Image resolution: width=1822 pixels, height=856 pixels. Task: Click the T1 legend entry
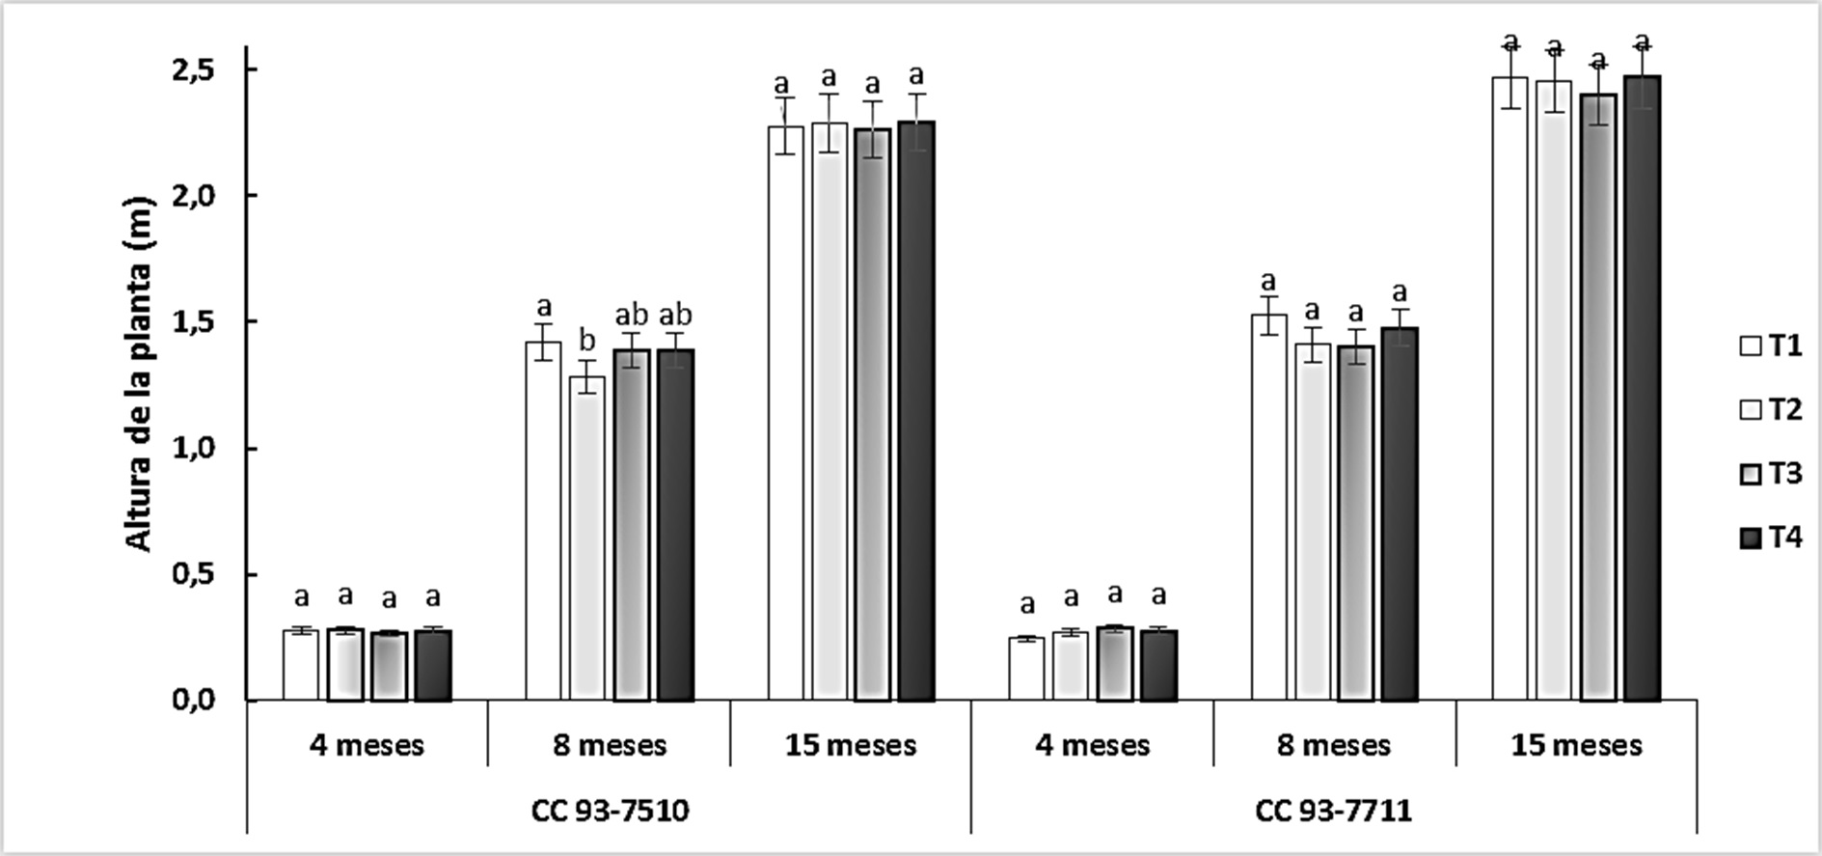(1770, 346)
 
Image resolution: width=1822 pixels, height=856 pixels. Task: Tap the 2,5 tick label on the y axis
(201, 70)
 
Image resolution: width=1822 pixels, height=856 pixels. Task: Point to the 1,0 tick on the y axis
(201, 449)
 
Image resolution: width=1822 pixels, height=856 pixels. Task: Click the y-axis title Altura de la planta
(140, 374)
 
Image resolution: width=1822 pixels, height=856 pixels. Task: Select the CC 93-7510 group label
(610, 811)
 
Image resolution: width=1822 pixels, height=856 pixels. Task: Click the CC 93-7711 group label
(1334, 811)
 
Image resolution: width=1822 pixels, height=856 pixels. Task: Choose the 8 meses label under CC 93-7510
(610, 746)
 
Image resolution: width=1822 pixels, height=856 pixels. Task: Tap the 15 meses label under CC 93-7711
(1576, 746)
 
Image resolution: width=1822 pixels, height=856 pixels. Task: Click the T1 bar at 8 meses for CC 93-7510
(543, 521)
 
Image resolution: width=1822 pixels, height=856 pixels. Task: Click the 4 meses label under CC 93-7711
(1093, 746)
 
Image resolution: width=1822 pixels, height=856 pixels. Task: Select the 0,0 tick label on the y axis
(201, 701)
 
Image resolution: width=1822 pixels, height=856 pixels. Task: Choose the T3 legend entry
(1770, 475)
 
